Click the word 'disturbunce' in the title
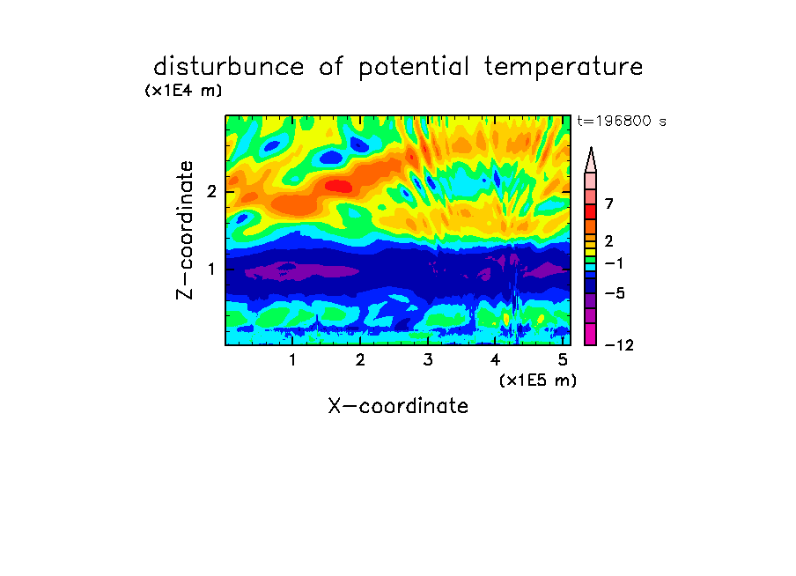(228, 67)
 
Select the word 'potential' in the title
(414, 68)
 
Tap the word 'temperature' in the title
(564, 68)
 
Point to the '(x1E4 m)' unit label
(183, 91)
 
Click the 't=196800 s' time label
(622, 121)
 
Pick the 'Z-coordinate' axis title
(184, 230)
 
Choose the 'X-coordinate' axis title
(398, 406)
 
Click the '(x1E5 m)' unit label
(538, 380)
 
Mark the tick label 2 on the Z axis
(211, 192)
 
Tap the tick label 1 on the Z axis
(211, 269)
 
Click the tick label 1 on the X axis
(292, 360)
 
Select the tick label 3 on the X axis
(428, 360)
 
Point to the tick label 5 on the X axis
(563, 360)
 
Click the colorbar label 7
(609, 204)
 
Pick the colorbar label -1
(614, 263)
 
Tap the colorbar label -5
(615, 293)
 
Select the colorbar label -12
(619, 345)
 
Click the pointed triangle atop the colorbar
(591, 159)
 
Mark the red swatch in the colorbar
(591, 211)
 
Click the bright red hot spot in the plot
(339, 186)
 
